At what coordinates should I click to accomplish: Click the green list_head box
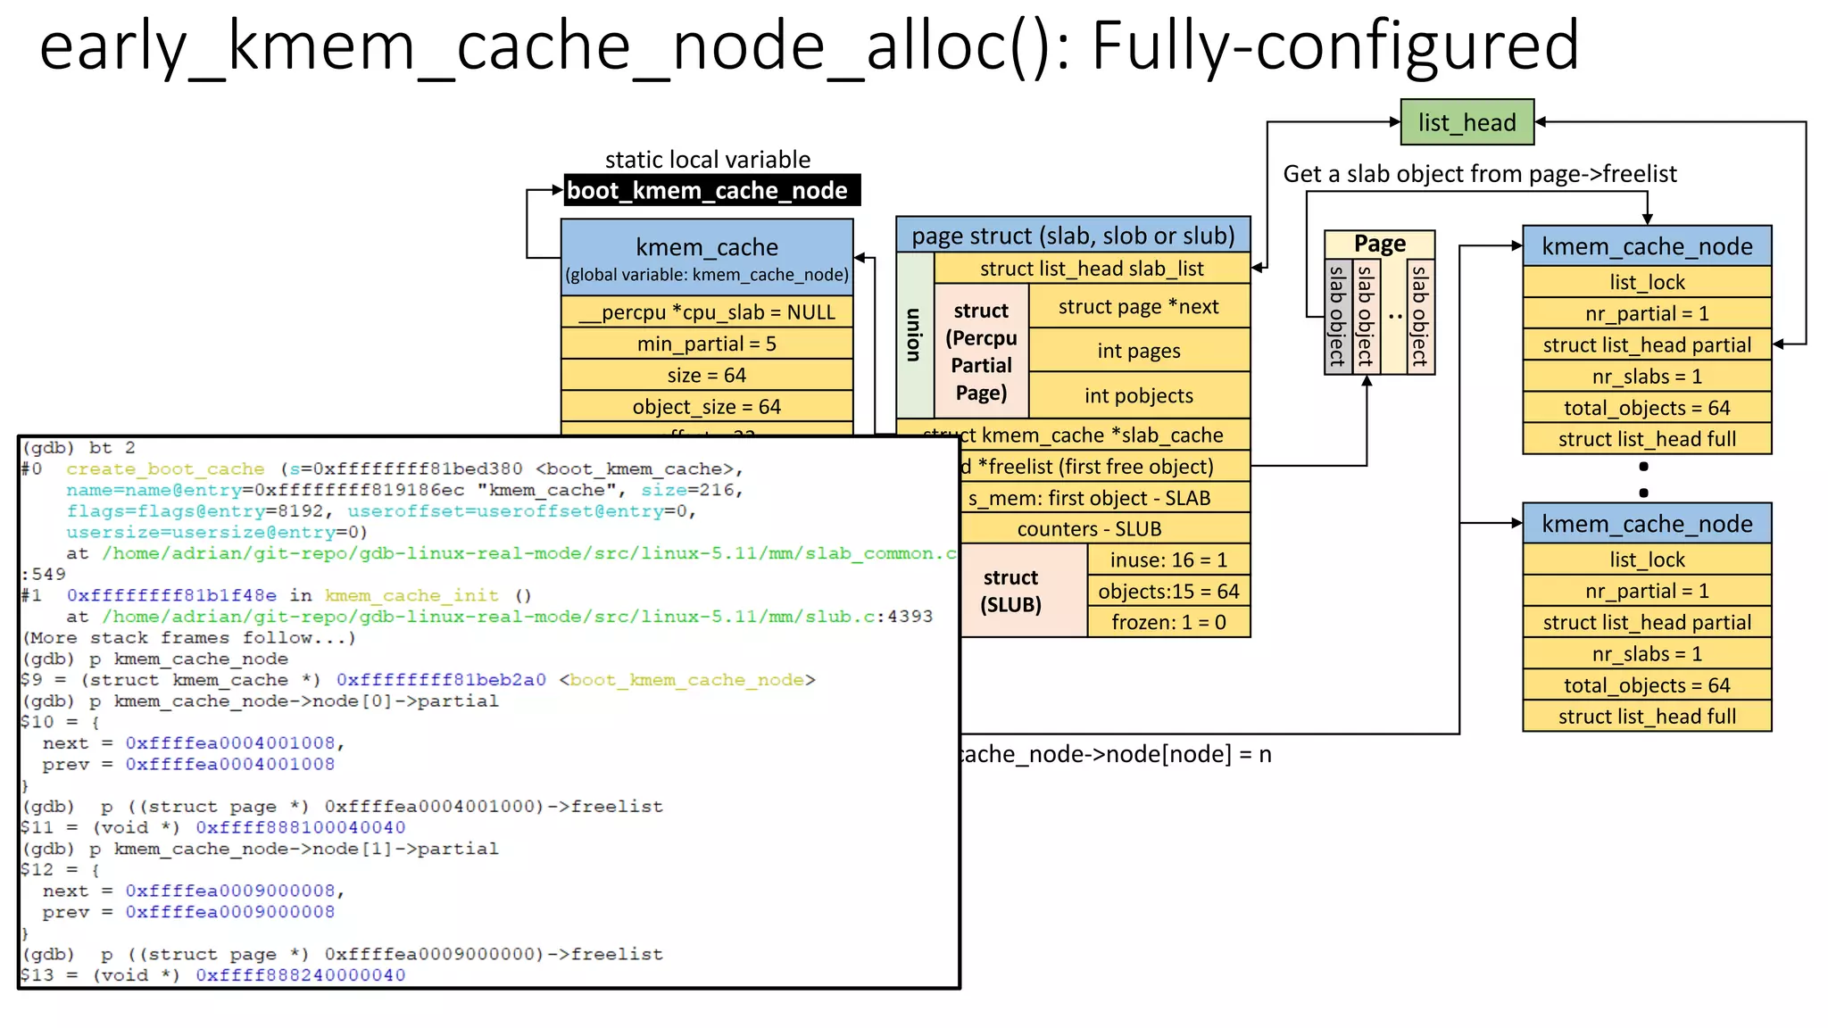(1467, 122)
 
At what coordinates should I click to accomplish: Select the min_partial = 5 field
(707, 344)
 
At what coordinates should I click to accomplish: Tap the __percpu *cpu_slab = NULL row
(707, 312)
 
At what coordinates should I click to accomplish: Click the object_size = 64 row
(707, 407)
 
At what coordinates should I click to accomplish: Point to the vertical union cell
(914, 335)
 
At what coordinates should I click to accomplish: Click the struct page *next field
(1138, 306)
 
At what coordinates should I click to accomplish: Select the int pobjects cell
(1138, 395)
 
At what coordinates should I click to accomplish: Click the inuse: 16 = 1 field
(1168, 560)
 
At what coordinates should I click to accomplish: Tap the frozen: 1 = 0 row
(1168, 622)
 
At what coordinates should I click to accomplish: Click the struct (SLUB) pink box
(1011, 591)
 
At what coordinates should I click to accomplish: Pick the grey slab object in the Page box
(1337, 316)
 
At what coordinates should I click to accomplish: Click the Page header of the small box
(1379, 243)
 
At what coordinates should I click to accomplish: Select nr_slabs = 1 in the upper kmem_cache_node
(1647, 377)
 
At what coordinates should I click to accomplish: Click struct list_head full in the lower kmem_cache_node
(1647, 717)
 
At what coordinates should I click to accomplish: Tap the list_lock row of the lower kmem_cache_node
(1647, 560)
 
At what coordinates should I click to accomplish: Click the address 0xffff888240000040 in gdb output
(301, 975)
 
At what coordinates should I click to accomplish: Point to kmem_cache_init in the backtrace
(411, 595)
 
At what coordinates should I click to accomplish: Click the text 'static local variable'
(708, 160)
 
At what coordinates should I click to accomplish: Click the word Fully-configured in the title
(1334, 46)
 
